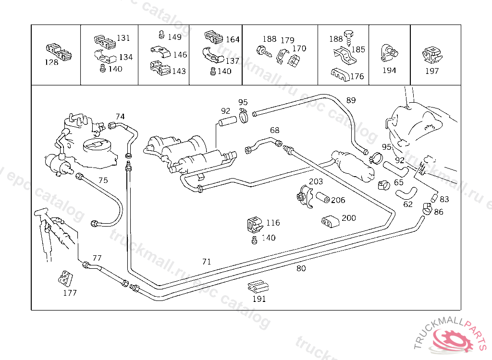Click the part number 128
(x=51, y=62)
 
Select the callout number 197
(x=432, y=71)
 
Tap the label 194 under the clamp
(x=389, y=71)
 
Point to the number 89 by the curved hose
(x=351, y=100)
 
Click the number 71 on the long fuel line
(x=207, y=262)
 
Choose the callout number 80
(x=301, y=268)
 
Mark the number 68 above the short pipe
(x=274, y=131)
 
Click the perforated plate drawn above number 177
(x=64, y=278)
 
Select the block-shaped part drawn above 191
(x=258, y=287)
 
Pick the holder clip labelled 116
(x=254, y=225)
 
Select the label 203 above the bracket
(x=316, y=181)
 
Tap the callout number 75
(x=103, y=180)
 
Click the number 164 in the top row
(x=233, y=39)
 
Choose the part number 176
(x=357, y=76)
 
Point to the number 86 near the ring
(x=439, y=212)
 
